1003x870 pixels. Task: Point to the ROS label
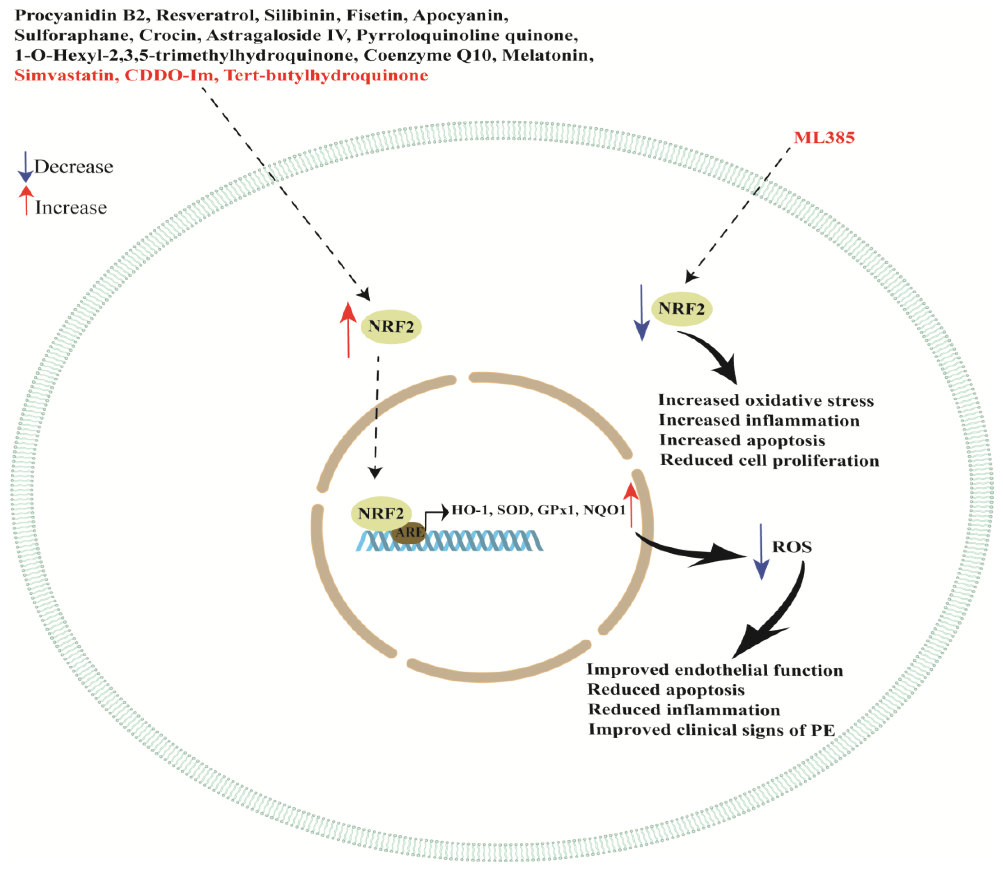tap(792, 547)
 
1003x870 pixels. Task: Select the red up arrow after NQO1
tap(631, 505)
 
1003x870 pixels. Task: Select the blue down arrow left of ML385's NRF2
tap(642, 313)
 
